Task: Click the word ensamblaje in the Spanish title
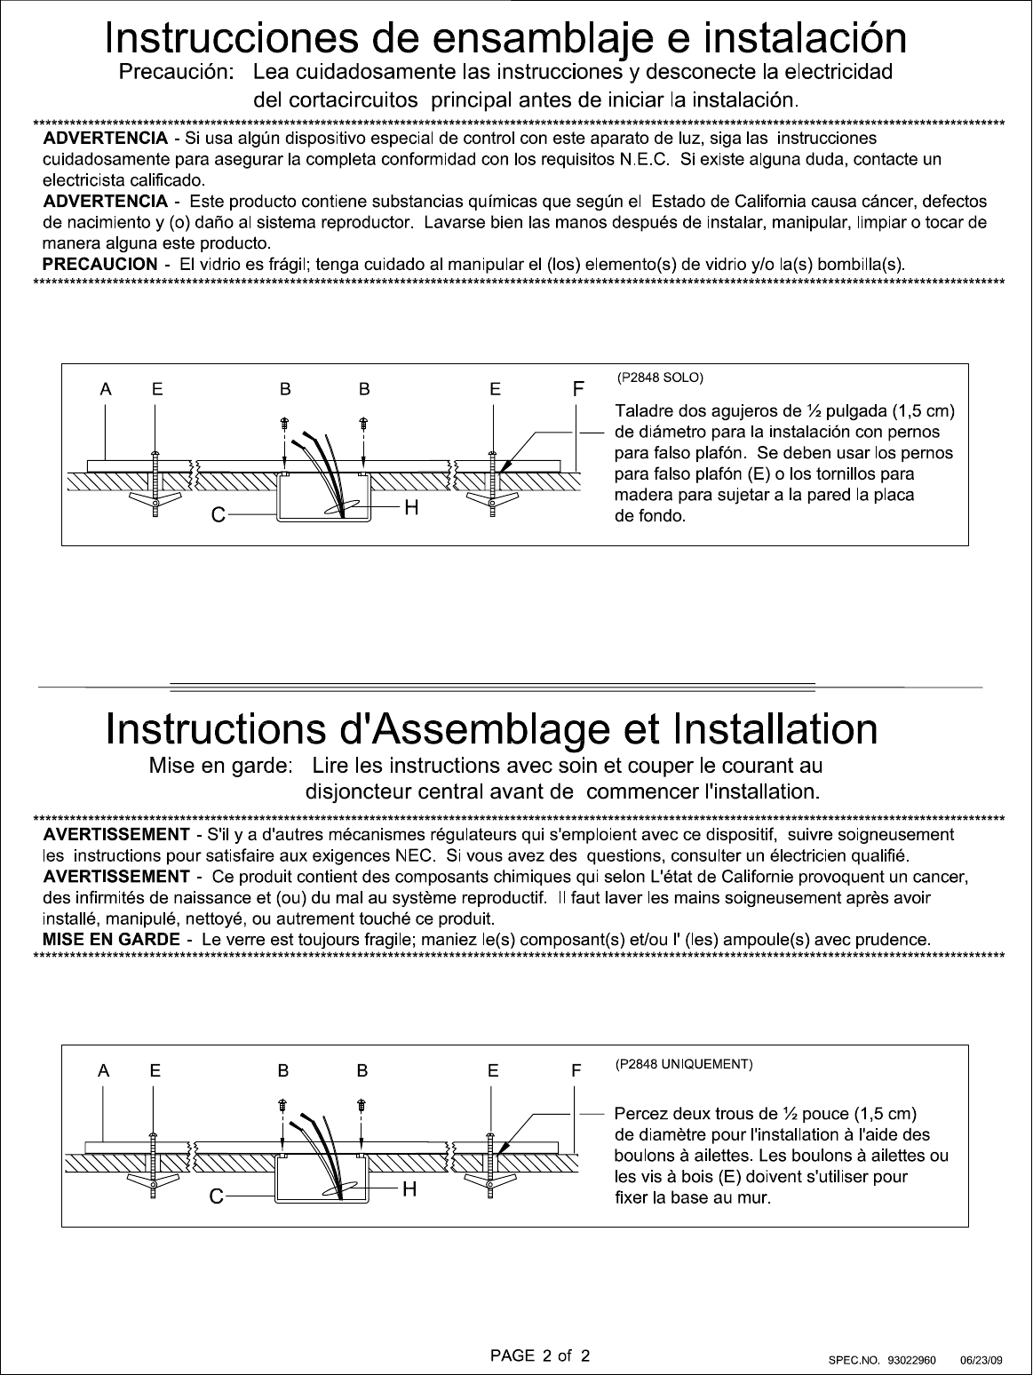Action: (x=540, y=39)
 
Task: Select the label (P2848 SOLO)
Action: (x=660, y=378)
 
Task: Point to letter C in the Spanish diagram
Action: (x=217, y=515)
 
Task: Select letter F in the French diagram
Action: (x=576, y=1071)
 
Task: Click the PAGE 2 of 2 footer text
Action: (x=540, y=1355)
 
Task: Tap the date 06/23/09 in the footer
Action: (x=981, y=1360)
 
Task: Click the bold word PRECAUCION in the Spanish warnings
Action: (x=99, y=264)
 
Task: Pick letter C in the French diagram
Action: (x=216, y=1197)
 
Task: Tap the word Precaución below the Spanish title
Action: (x=177, y=71)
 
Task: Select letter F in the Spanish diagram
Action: (x=578, y=389)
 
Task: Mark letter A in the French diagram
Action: (x=105, y=1071)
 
